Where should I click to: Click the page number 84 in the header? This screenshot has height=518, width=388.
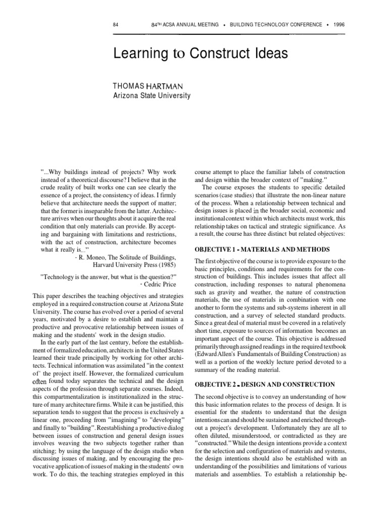point(116,24)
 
